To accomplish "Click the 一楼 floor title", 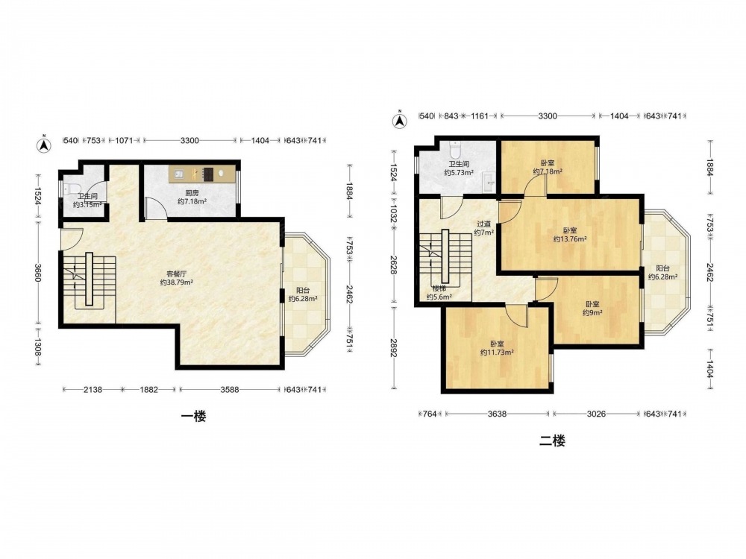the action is pos(194,417).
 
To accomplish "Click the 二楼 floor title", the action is pos(552,441).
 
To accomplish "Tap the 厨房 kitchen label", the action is pos(192,193).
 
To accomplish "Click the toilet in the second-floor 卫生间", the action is pos(455,149).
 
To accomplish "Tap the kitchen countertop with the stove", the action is pos(201,174).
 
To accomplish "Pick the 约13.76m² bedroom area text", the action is pos(569,239).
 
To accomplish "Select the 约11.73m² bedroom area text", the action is pos(497,353).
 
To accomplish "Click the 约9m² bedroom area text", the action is pos(592,312).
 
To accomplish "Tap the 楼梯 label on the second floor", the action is pos(439,288).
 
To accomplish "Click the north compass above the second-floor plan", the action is pos(399,120).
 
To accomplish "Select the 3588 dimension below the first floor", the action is pos(229,390).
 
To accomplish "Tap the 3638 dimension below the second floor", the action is pos(497,414).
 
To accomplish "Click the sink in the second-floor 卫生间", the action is pos(488,182).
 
